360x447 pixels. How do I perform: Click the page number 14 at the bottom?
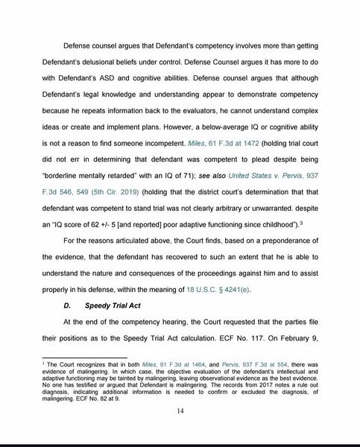[180, 410]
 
